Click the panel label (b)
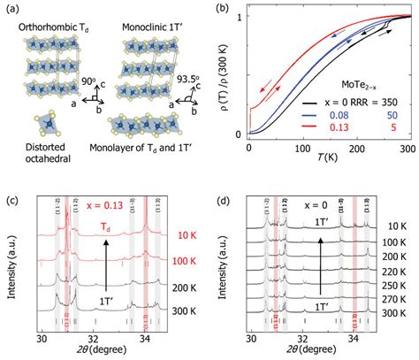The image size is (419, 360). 216,8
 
